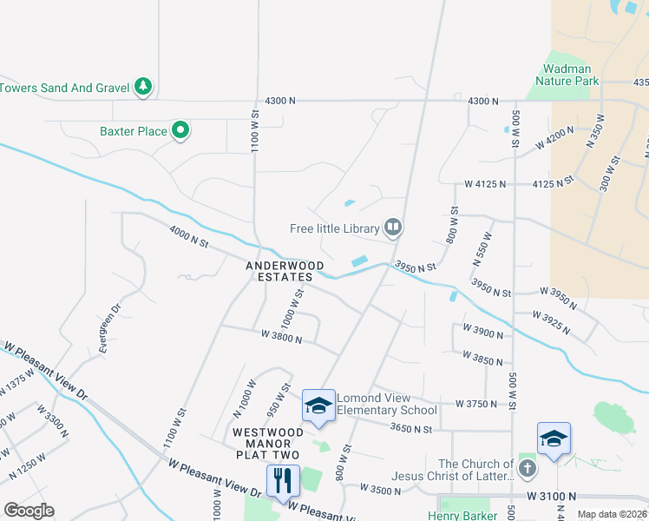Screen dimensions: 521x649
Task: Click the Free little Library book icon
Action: click(x=393, y=228)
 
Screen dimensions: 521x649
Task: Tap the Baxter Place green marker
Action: click(x=180, y=131)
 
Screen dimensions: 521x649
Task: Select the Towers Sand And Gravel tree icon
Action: click(x=144, y=87)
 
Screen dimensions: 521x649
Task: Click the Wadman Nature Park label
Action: click(x=567, y=75)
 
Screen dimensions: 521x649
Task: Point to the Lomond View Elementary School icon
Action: click(x=318, y=406)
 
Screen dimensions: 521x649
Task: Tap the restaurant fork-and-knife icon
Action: click(x=283, y=480)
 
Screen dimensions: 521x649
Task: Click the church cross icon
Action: click(x=527, y=470)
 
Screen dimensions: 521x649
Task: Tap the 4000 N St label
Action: click(x=189, y=236)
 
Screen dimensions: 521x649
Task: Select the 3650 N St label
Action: click(x=411, y=427)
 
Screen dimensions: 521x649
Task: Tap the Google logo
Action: click(x=29, y=511)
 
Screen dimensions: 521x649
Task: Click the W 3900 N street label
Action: click(x=484, y=331)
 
